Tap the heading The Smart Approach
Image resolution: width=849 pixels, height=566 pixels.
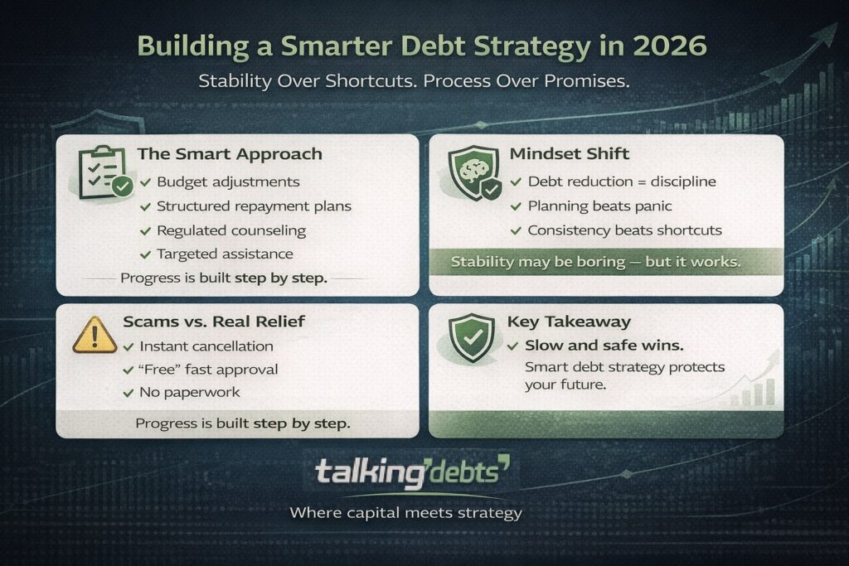[229, 154]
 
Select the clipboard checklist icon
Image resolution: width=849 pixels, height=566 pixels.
[102, 172]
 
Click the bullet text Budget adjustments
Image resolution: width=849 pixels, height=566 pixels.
[228, 181]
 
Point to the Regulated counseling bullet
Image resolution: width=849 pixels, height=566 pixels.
[230, 230]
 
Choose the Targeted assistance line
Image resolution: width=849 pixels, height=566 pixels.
[224, 254]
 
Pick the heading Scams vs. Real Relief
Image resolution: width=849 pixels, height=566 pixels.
[211, 322]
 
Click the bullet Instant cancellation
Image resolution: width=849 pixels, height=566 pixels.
[206, 346]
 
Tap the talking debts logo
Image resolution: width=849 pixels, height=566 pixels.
[412, 473]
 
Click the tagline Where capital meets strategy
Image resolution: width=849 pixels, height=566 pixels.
[405, 513]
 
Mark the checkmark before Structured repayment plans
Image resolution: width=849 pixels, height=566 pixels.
[146, 206]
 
